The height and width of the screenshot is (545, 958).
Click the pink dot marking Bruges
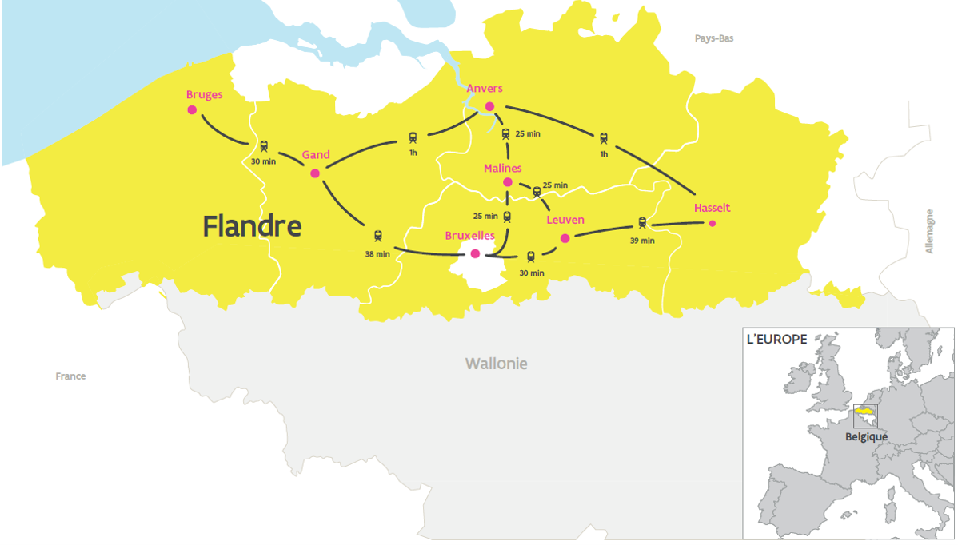tap(192, 110)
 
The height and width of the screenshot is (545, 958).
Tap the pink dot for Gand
tap(315, 173)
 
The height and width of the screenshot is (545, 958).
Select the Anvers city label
tap(485, 89)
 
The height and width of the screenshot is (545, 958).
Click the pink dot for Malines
tap(508, 182)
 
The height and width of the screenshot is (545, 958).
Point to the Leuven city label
tap(565, 220)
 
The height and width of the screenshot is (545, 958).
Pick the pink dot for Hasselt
tap(713, 224)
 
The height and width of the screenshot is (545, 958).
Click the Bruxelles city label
tap(469, 237)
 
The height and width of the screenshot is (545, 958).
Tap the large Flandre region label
tap(252, 226)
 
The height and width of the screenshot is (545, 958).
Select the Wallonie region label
tap(497, 364)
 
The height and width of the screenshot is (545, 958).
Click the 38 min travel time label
tap(377, 254)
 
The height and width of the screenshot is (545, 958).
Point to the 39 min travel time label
tap(641, 241)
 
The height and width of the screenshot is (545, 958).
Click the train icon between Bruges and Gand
tap(265, 146)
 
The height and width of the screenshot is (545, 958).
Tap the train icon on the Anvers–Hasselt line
tap(604, 138)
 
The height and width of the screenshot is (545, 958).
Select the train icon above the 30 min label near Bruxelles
tap(531, 257)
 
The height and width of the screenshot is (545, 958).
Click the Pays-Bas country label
tap(714, 38)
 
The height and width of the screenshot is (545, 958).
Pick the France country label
tap(70, 376)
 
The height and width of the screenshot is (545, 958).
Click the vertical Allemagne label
tap(929, 231)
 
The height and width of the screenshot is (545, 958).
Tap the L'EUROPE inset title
tap(776, 339)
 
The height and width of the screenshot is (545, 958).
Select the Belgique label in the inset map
tap(867, 437)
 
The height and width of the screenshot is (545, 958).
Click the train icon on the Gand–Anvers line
tap(413, 137)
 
